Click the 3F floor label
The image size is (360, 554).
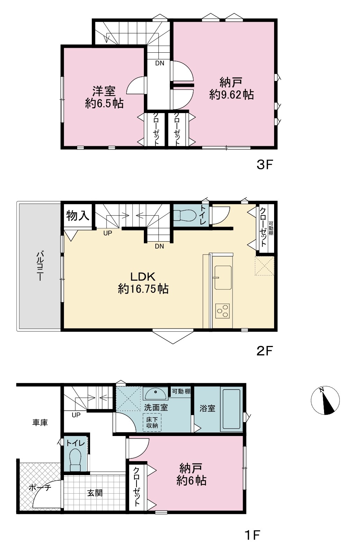pyautogui.click(x=264, y=165)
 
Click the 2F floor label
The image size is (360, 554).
pyautogui.click(x=264, y=351)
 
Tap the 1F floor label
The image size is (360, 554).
pyautogui.click(x=252, y=534)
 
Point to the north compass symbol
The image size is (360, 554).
pyautogui.click(x=325, y=400)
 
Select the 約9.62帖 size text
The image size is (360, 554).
pyautogui.click(x=232, y=95)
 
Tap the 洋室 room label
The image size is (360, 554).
pyautogui.click(x=104, y=91)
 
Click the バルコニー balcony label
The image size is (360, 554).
pyautogui.click(x=39, y=266)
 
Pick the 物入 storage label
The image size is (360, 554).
pyautogui.click(x=78, y=215)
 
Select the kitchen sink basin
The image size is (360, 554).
pyautogui.click(x=223, y=278)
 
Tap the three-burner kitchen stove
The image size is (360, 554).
pyautogui.click(x=222, y=311)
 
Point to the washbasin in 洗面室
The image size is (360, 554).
pyautogui.click(x=155, y=393)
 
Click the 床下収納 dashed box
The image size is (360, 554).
pyautogui.click(x=152, y=422)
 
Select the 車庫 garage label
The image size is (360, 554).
pyautogui.click(x=40, y=422)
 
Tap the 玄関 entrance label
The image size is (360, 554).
pyautogui.click(x=95, y=493)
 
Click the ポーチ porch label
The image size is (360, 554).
pyautogui.click(x=40, y=487)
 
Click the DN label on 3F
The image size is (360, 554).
pyautogui.click(x=160, y=63)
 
